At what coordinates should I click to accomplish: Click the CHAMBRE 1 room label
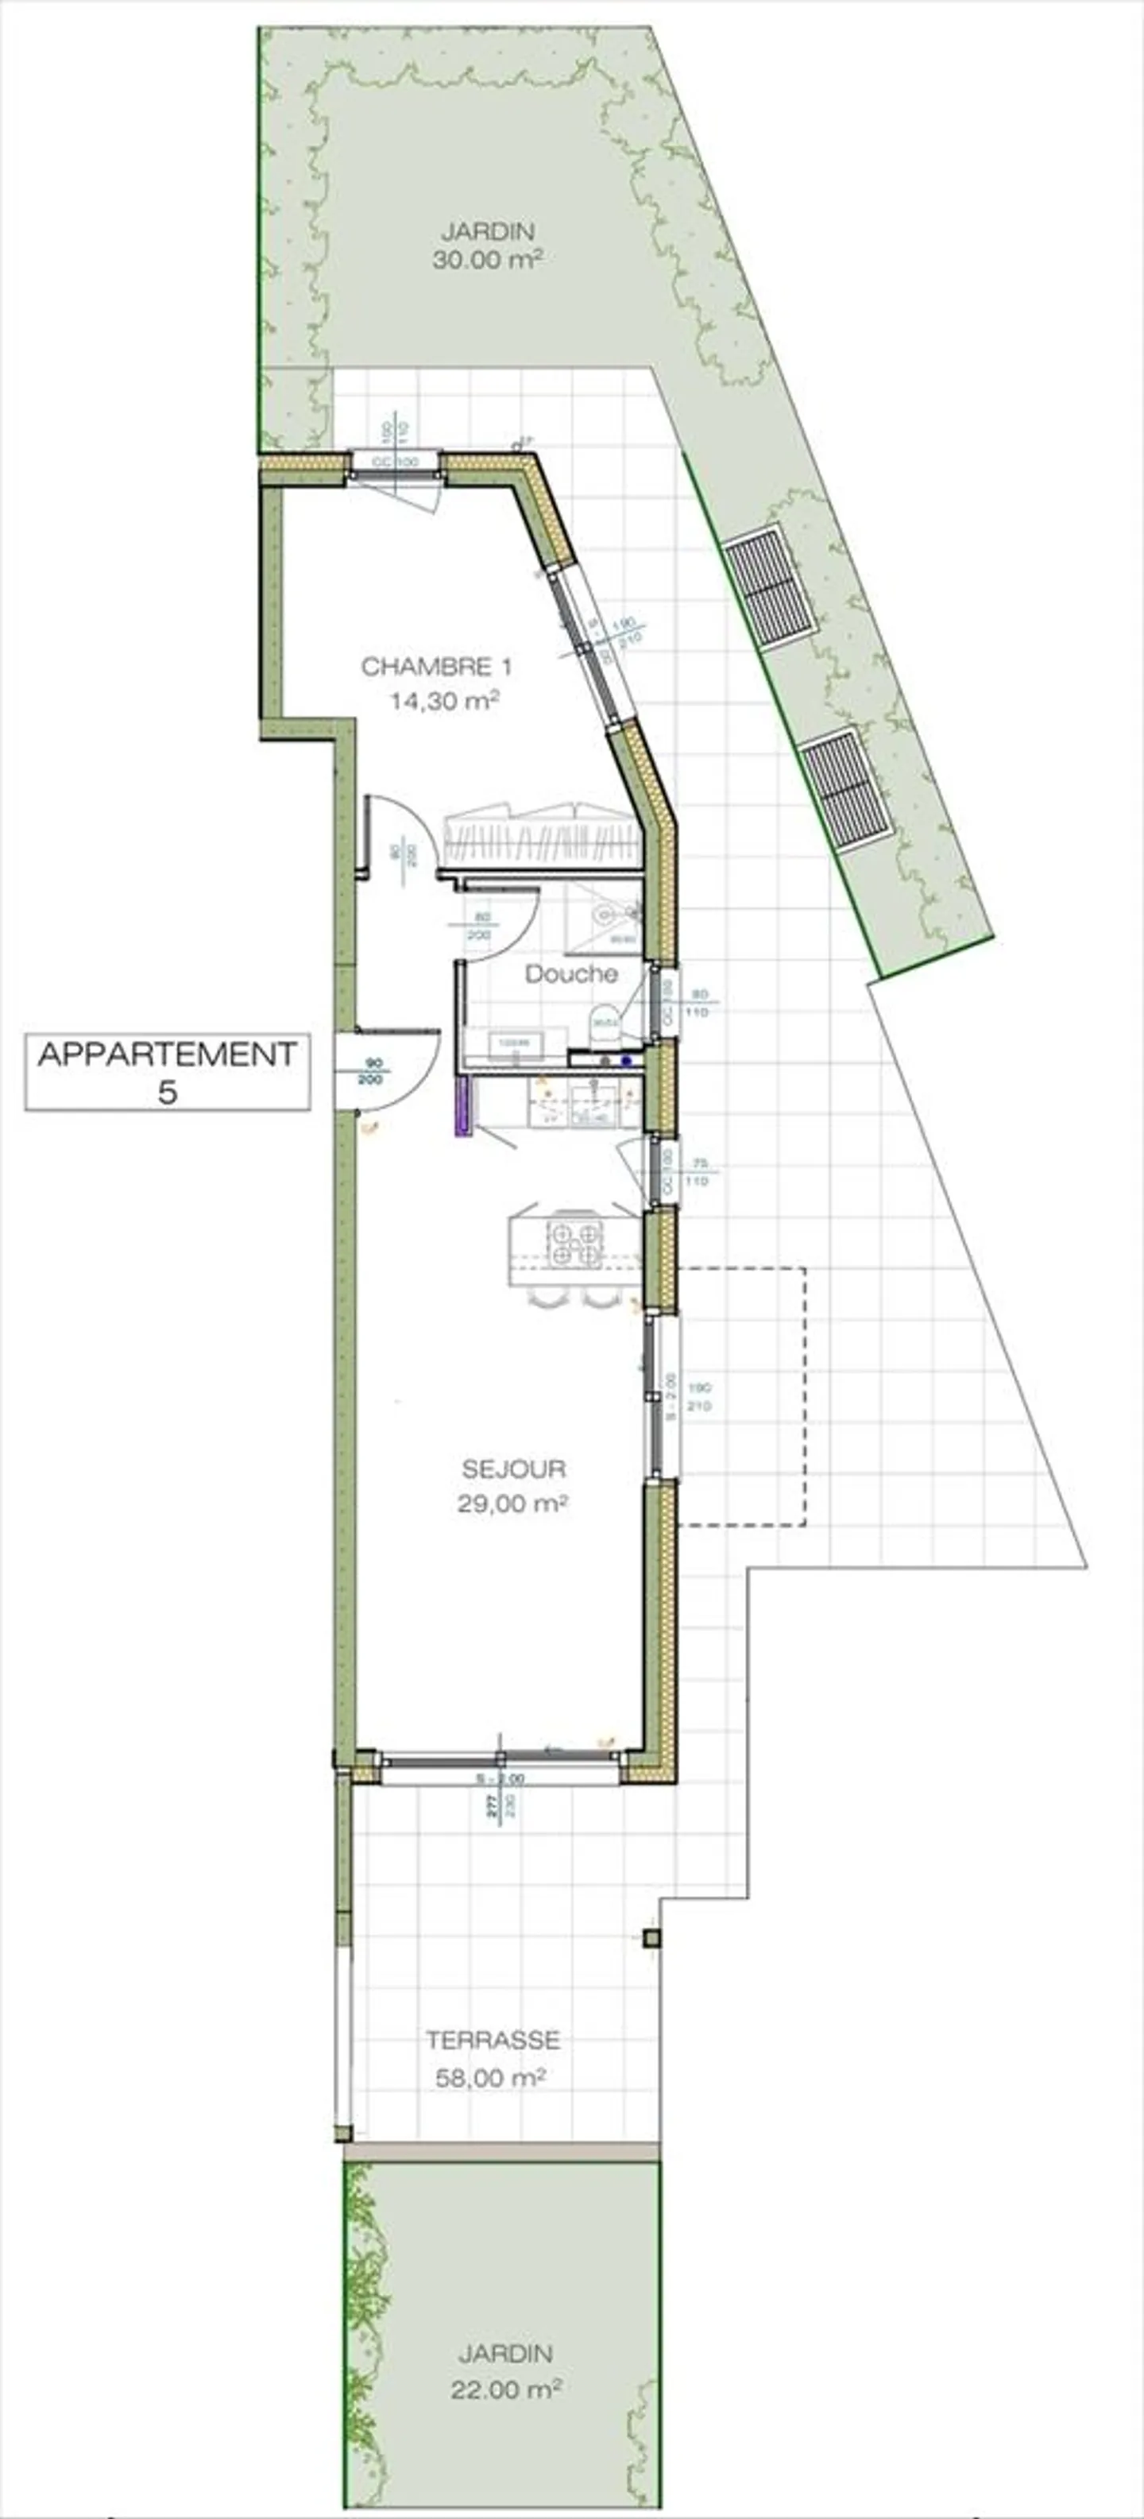[x=436, y=667]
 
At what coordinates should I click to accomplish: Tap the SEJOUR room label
[x=513, y=1468]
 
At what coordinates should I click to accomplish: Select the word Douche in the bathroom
[x=571, y=974]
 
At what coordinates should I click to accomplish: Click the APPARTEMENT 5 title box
[x=167, y=1072]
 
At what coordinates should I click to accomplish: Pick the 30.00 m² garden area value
[x=487, y=262]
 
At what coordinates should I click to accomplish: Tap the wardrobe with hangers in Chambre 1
[x=541, y=837]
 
